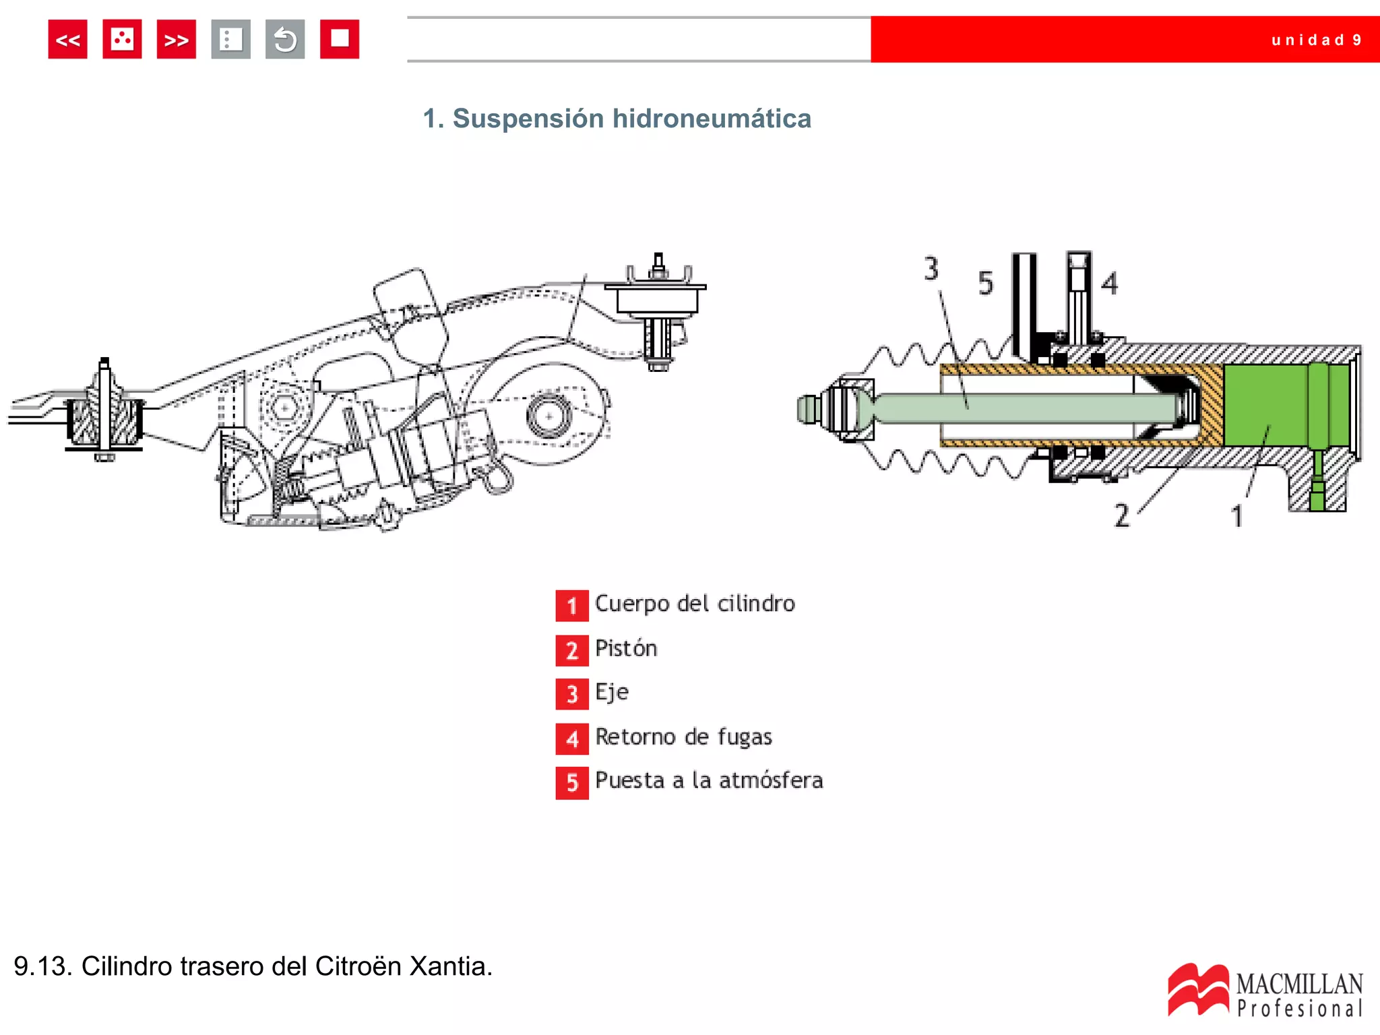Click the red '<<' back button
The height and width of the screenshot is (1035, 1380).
click(67, 40)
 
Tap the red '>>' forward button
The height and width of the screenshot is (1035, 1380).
click(176, 40)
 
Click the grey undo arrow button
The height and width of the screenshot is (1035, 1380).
click(285, 40)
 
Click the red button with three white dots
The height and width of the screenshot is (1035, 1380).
click(122, 40)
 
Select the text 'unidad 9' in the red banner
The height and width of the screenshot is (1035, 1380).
click(1316, 40)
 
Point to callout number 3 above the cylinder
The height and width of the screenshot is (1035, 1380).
click(931, 269)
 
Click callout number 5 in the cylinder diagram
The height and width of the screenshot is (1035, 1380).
click(985, 284)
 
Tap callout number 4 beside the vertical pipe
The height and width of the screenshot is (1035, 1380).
click(1109, 283)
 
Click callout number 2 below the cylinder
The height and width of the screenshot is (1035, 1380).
click(1121, 515)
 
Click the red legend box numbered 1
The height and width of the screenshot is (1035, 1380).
click(571, 605)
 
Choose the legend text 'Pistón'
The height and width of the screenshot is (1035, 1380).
click(625, 648)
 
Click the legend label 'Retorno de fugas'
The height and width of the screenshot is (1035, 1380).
click(683, 736)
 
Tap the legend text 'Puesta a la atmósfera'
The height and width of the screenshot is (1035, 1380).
click(709, 780)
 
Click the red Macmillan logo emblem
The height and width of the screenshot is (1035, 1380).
click(1197, 989)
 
